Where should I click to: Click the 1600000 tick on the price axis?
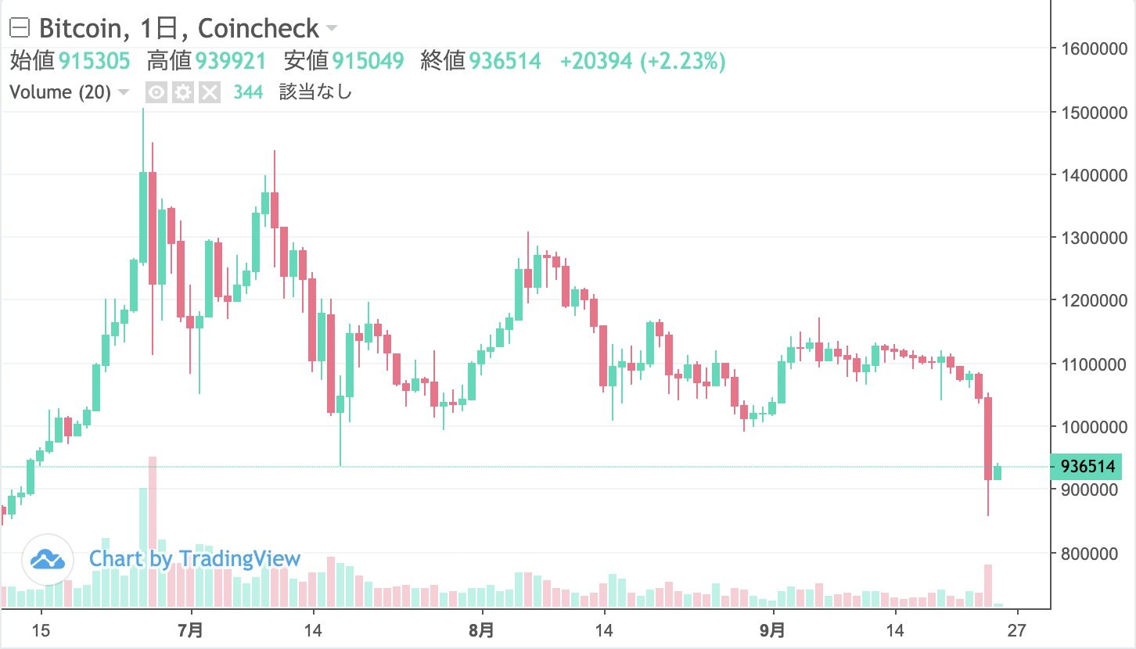[1092, 48]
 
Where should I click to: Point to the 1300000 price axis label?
[1092, 238]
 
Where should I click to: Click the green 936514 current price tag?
[1087, 467]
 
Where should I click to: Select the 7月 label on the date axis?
[191, 630]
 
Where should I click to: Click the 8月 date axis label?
[482, 630]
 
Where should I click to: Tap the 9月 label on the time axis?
[772, 630]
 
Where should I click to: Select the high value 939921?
[231, 60]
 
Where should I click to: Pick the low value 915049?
[368, 60]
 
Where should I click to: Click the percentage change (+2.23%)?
[683, 60]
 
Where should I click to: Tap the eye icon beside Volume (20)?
[157, 93]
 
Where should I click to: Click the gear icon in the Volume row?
[183, 93]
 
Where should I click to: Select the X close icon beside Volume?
[209, 93]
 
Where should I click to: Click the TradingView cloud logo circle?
[47, 560]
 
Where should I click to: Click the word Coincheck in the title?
[258, 29]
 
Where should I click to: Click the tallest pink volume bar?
[153, 532]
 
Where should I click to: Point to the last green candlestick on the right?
[998, 472]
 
